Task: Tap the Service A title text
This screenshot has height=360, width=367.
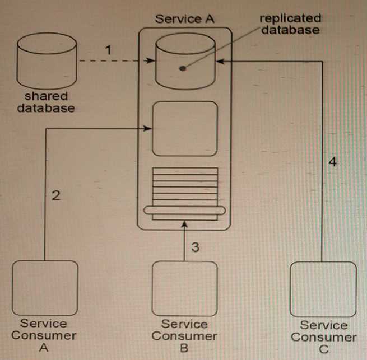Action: (x=184, y=18)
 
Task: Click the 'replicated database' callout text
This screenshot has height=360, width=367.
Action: (x=290, y=24)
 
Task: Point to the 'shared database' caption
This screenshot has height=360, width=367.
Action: (x=45, y=102)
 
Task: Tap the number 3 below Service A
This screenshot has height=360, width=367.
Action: (x=194, y=247)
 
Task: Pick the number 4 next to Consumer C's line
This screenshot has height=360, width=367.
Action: (x=333, y=162)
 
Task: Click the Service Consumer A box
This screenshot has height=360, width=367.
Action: (x=45, y=287)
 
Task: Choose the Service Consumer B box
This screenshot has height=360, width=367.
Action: (x=184, y=288)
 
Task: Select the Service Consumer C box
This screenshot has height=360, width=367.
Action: (x=323, y=288)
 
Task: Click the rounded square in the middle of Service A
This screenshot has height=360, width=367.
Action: (x=184, y=128)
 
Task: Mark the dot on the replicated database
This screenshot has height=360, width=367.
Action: (x=182, y=69)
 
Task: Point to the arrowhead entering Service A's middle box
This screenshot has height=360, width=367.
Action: (x=148, y=128)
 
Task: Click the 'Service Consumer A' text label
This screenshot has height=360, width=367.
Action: (x=45, y=335)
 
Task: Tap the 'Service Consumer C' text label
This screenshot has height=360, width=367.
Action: (x=323, y=337)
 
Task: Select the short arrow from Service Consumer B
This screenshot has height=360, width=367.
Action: (x=184, y=244)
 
